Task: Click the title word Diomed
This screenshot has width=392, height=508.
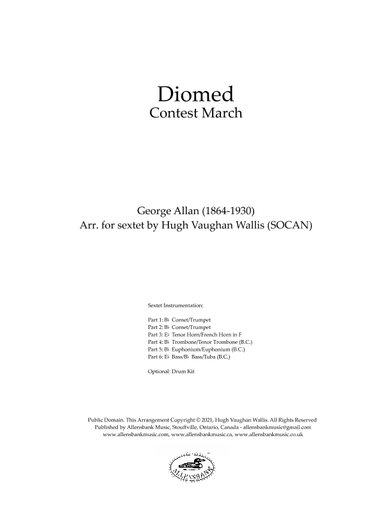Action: [x=195, y=94]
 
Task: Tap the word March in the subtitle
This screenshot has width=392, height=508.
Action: [x=220, y=114]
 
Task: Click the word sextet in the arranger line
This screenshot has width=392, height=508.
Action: [x=132, y=226]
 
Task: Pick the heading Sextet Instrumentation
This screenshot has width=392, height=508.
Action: [x=176, y=306]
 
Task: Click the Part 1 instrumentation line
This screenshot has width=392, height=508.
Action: [x=179, y=319]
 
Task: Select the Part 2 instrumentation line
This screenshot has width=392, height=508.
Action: [x=179, y=326]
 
